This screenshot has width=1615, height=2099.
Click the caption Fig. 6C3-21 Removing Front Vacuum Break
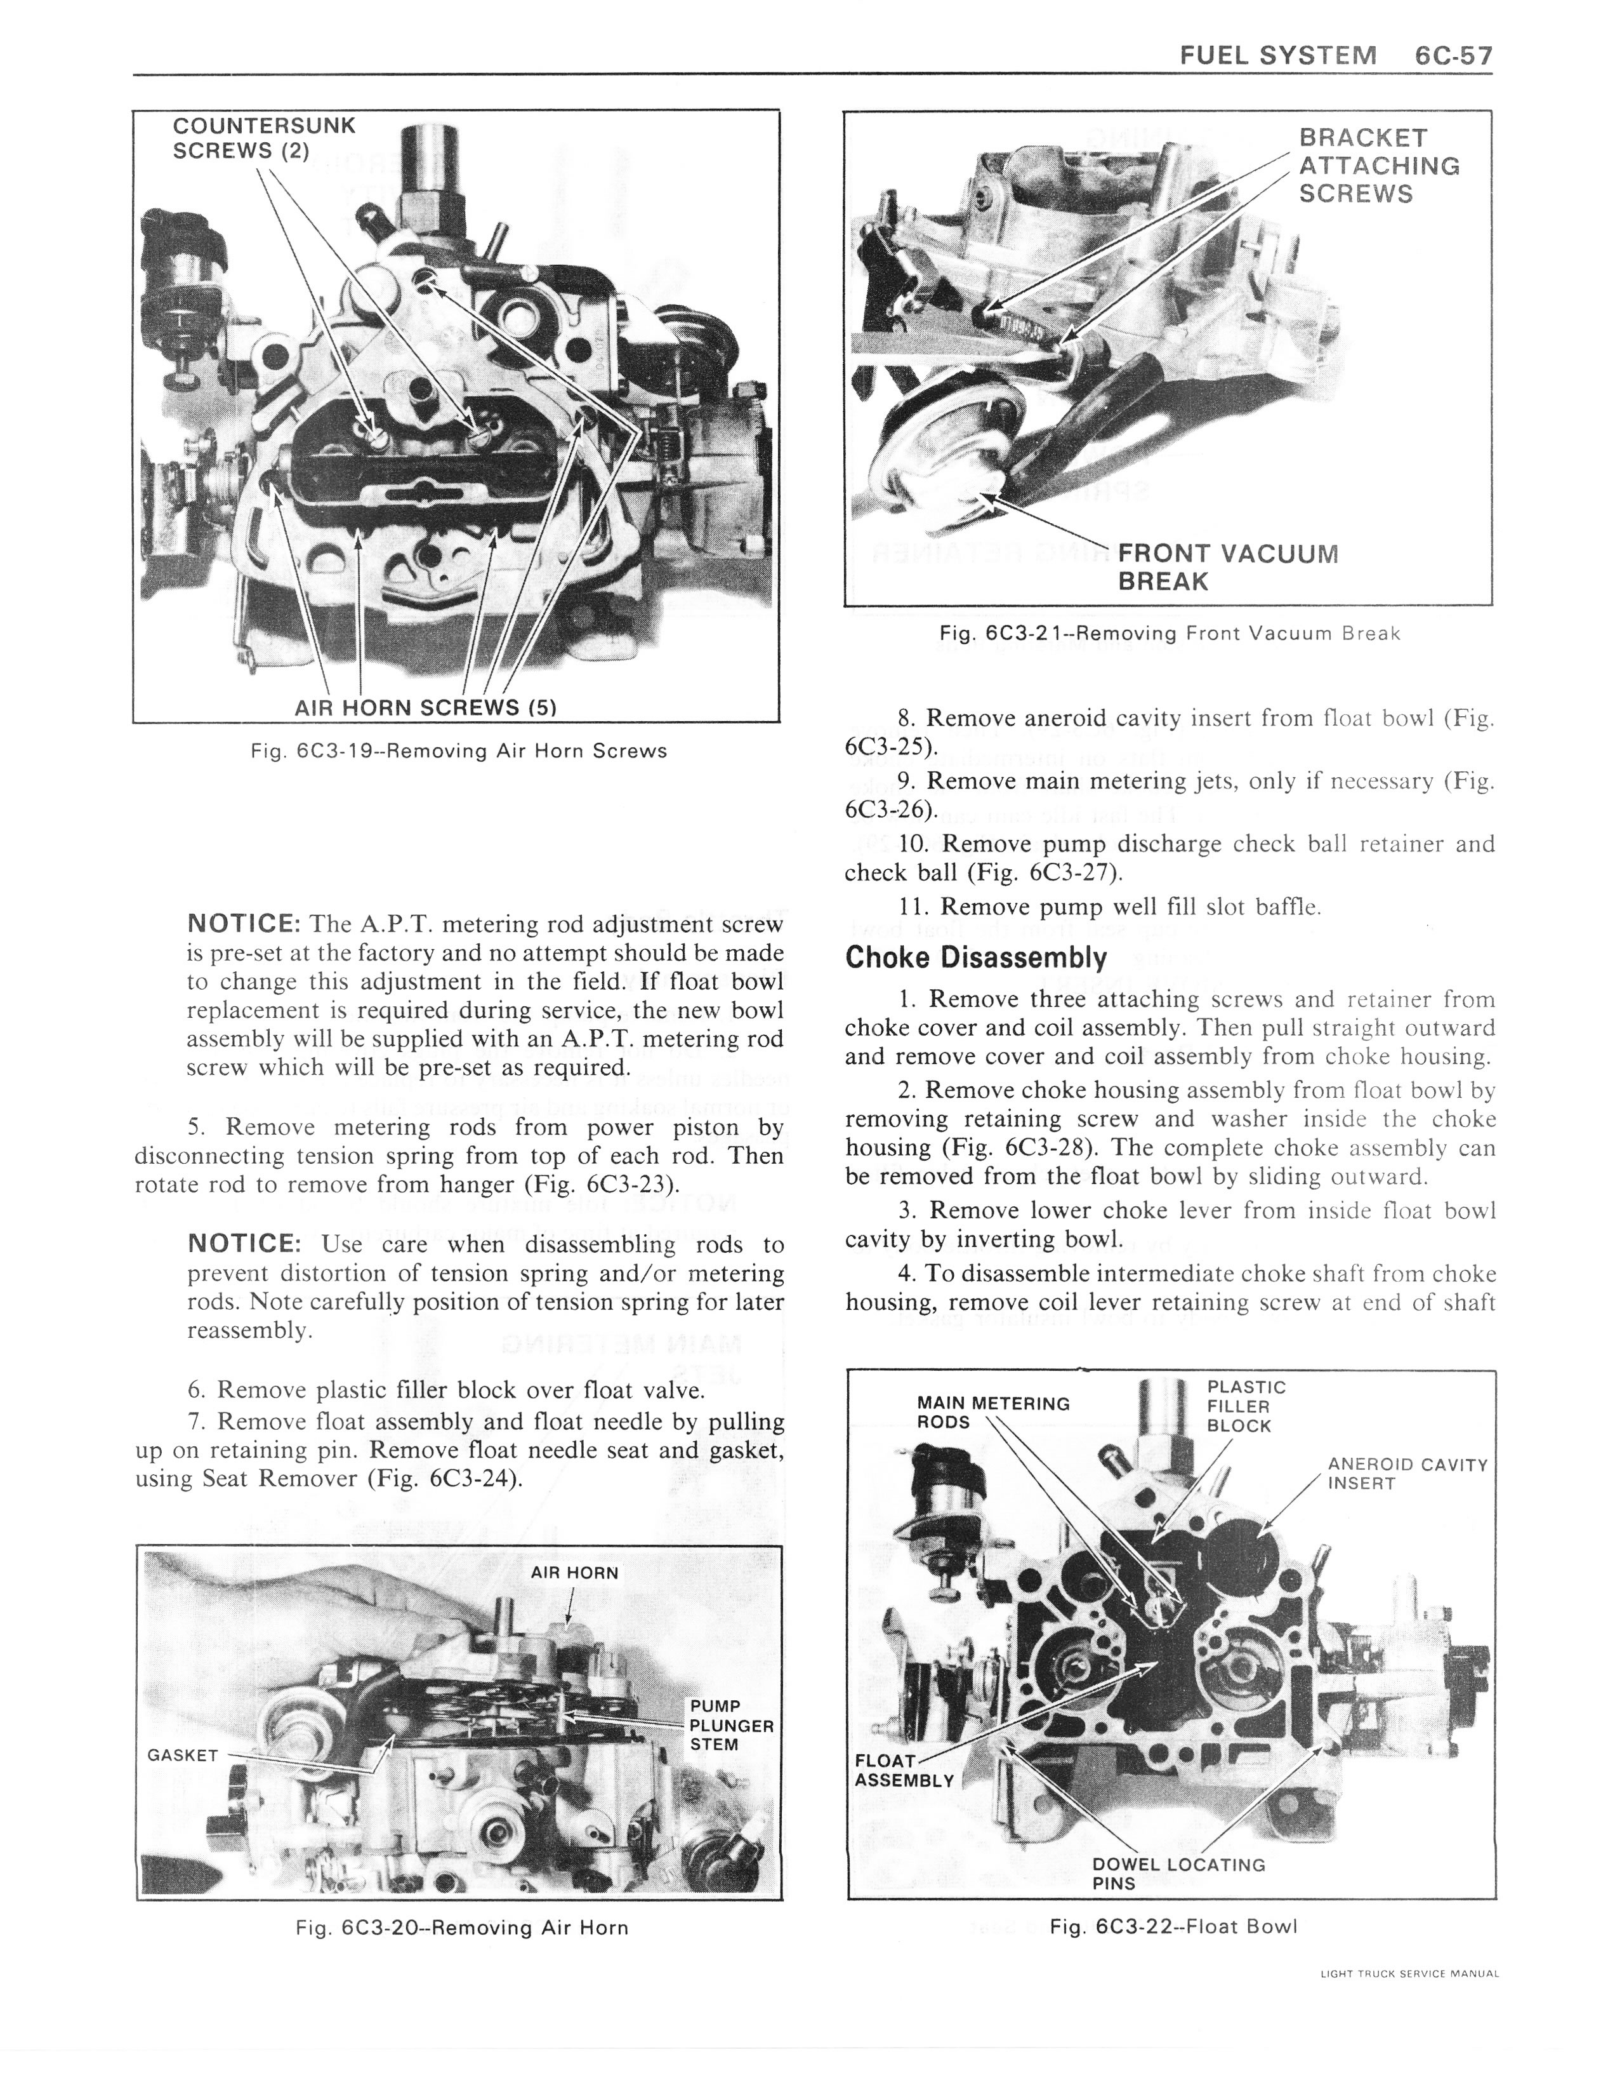coord(1170,634)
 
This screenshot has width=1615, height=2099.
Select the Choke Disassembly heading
coord(975,957)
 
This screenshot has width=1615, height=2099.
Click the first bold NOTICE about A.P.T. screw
coord(244,924)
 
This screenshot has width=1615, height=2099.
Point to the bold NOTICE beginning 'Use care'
coord(244,1244)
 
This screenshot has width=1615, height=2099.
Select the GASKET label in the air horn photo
coord(183,1754)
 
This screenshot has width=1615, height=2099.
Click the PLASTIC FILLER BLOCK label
coord(1245,1406)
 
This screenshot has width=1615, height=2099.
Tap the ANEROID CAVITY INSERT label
coord(1406,1474)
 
